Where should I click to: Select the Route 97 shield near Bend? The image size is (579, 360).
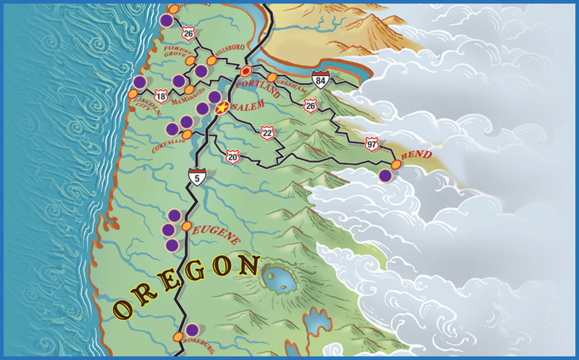[372, 143]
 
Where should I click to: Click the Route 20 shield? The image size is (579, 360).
[232, 156]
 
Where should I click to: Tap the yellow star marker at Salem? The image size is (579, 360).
[222, 109]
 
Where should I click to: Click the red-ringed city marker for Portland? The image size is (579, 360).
[247, 71]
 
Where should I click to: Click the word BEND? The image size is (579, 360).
[416, 155]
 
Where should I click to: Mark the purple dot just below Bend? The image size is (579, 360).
[386, 175]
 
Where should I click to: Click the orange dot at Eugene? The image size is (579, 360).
[186, 227]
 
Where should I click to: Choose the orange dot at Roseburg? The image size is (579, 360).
[178, 337]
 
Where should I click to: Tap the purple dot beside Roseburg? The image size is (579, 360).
[192, 330]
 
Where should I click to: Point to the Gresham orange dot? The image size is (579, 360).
[272, 78]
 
